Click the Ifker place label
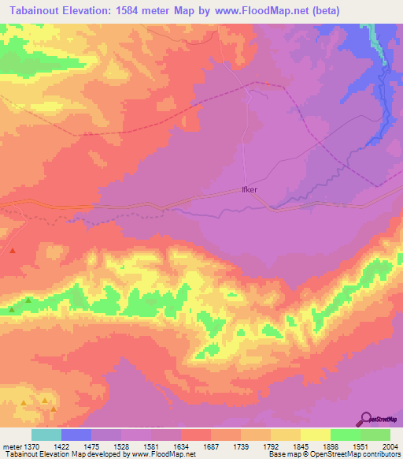pyautogui.click(x=248, y=190)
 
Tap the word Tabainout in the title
pyautogui.click(x=31, y=9)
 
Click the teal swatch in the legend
pyautogui.click(x=46, y=435)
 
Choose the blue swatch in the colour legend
pyautogui.click(x=76, y=435)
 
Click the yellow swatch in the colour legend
pyautogui.click(x=315, y=435)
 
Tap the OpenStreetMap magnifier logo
pyautogui.click(x=366, y=418)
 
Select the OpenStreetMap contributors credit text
pyautogui.click(x=358, y=453)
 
